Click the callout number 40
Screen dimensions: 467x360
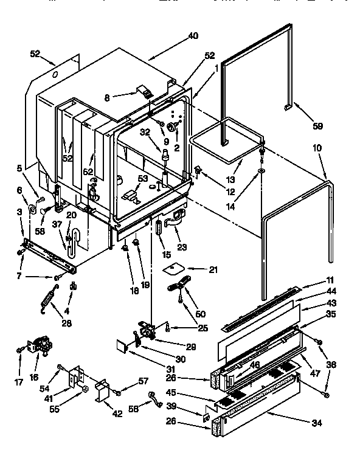tap(193, 36)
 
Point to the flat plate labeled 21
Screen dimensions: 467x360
tap(176, 267)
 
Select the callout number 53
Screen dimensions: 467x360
tap(143, 179)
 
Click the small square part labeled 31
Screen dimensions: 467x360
tap(123, 346)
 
